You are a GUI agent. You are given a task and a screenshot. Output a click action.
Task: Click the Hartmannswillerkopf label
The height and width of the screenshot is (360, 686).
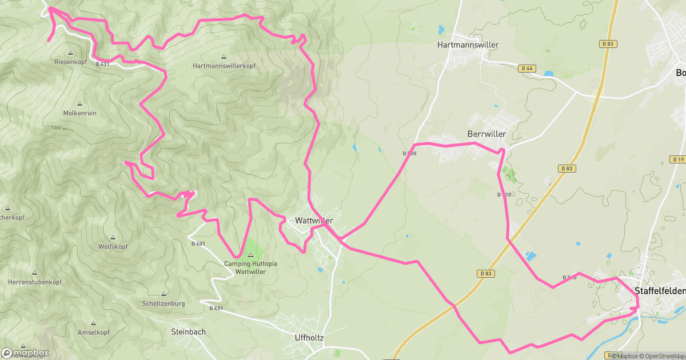click(224, 66)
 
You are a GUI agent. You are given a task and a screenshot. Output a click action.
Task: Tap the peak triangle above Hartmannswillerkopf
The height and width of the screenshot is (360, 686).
click(224, 57)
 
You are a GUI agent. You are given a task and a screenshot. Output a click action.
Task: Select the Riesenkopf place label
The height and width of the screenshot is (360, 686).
click(70, 61)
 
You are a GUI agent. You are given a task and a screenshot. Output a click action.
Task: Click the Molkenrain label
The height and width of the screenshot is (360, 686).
click(79, 113)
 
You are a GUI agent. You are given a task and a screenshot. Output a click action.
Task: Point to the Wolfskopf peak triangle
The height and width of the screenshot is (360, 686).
click(112, 237)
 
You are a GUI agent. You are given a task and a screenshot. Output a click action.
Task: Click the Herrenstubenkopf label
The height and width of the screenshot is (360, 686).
click(35, 283)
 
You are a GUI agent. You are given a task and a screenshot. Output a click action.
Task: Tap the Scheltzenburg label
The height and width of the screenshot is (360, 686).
click(164, 303)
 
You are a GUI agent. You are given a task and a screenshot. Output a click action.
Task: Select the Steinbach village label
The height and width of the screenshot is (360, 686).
click(188, 332)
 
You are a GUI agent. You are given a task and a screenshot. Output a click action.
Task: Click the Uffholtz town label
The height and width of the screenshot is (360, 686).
click(309, 338)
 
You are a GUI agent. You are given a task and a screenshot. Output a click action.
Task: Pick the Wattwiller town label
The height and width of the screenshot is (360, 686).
click(314, 220)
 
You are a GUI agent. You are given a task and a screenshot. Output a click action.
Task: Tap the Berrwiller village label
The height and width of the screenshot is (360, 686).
click(487, 134)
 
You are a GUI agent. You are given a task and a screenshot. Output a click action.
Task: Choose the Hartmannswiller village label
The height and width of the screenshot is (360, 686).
click(468, 45)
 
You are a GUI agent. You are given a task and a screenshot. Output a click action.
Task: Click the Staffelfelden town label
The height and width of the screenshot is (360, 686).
click(660, 291)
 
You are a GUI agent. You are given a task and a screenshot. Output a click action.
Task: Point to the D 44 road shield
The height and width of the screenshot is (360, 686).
click(527, 69)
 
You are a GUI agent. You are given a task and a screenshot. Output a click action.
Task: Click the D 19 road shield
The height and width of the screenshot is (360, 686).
click(679, 159)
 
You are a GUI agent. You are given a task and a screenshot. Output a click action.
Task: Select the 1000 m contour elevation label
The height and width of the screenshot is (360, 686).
click(58, 129)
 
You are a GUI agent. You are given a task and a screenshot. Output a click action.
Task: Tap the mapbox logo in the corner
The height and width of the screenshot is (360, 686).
click(25, 353)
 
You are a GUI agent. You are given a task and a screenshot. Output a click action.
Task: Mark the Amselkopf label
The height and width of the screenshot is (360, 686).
click(93, 332)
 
